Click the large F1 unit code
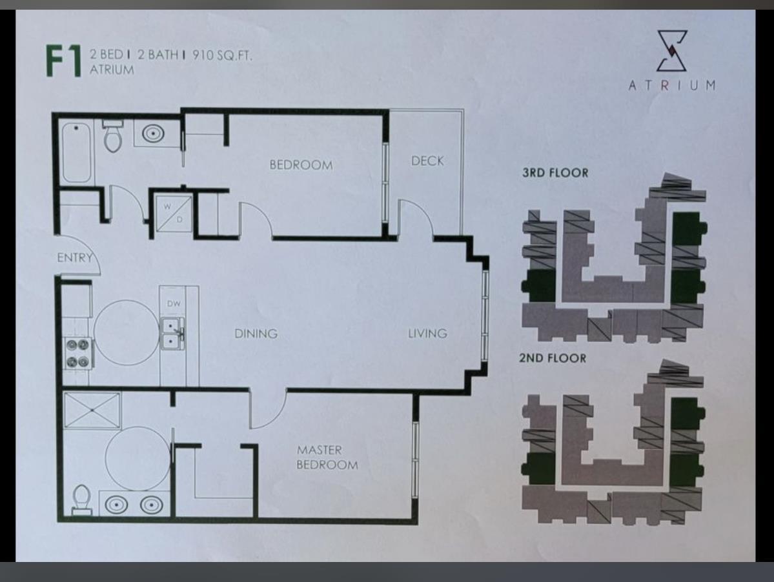point(64,61)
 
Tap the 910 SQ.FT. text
point(222,55)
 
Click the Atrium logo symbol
point(672,50)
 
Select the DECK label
point(427,161)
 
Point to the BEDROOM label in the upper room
point(301,165)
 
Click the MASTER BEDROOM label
point(327,457)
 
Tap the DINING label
point(256,334)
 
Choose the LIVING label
point(427,334)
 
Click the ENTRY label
point(74,257)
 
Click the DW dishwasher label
point(174,304)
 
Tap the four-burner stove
point(78,354)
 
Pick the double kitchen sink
point(172,334)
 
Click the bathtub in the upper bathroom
point(77,152)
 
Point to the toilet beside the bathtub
point(113,136)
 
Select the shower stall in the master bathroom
point(92,410)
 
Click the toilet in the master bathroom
point(81,499)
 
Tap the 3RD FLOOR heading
point(555,173)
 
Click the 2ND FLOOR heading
point(553,358)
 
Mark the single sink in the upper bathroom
point(154,133)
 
